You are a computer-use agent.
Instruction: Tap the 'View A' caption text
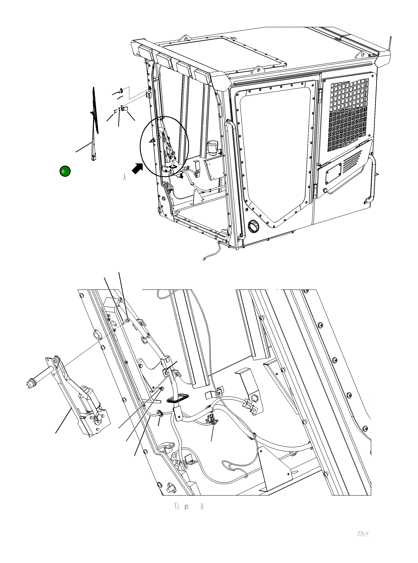coord(189,506)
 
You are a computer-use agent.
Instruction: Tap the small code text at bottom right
coord(363,534)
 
